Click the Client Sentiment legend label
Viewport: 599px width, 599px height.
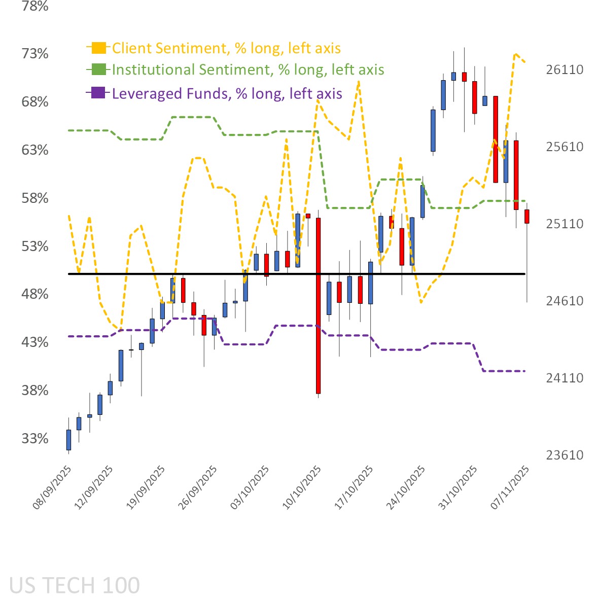click(x=226, y=48)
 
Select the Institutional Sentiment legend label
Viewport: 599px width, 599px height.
click(x=248, y=69)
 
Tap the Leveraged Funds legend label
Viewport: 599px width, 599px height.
click(x=227, y=93)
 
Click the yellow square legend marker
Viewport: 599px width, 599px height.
click(x=98, y=48)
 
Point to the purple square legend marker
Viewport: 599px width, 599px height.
click(x=98, y=93)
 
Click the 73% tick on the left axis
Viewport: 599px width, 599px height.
click(x=35, y=53)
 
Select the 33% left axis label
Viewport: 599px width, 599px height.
click(x=35, y=438)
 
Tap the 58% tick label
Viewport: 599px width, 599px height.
click(x=35, y=198)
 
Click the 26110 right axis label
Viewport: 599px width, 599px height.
click(x=565, y=69)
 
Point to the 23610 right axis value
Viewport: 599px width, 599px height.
click(x=565, y=455)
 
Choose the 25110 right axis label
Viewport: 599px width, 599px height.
click(x=565, y=224)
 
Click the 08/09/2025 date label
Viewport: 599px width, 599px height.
click(x=52, y=487)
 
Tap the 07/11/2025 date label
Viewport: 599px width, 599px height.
click(x=510, y=487)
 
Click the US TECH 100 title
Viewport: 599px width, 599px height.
click(x=74, y=586)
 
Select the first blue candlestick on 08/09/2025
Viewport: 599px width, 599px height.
click(x=68, y=440)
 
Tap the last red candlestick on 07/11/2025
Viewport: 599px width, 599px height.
click(x=527, y=216)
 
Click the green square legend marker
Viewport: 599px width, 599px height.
click(x=98, y=69)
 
